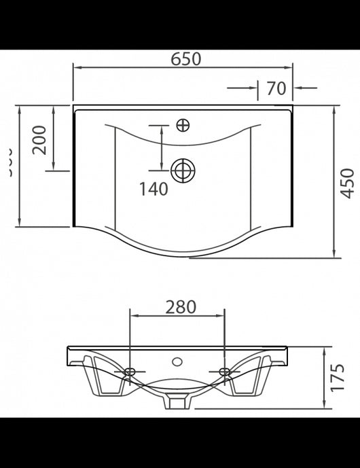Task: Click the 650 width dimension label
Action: (185, 59)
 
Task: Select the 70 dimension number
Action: (275, 88)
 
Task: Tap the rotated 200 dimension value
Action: (40, 139)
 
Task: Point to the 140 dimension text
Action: (154, 190)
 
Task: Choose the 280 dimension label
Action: (181, 307)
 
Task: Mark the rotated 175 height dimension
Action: (339, 378)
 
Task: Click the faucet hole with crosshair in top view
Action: (183, 125)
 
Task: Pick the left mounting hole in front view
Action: (130, 372)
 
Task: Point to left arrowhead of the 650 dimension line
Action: (76, 68)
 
